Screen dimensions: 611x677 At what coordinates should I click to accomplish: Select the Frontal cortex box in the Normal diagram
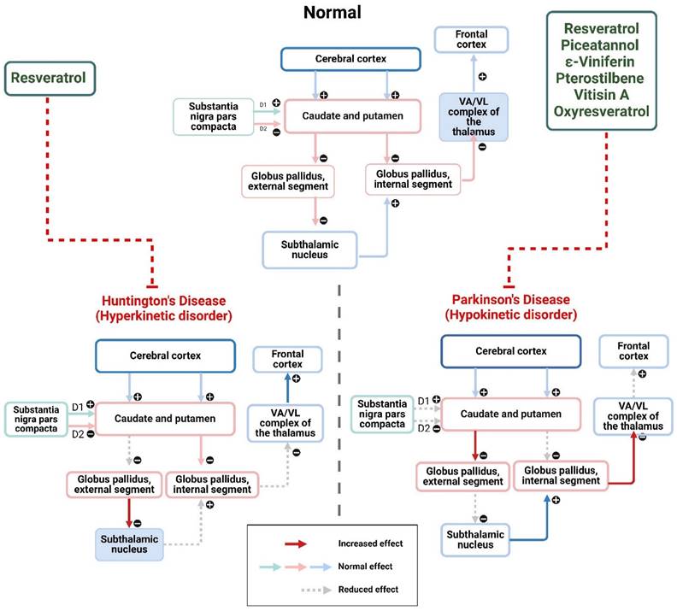[472, 38]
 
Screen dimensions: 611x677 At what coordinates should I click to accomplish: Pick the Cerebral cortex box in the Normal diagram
[351, 59]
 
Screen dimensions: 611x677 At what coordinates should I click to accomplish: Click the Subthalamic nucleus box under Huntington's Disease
[128, 543]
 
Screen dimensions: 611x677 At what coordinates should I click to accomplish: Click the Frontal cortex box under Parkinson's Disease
[633, 351]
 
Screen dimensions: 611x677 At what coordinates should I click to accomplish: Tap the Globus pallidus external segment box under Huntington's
[112, 484]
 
